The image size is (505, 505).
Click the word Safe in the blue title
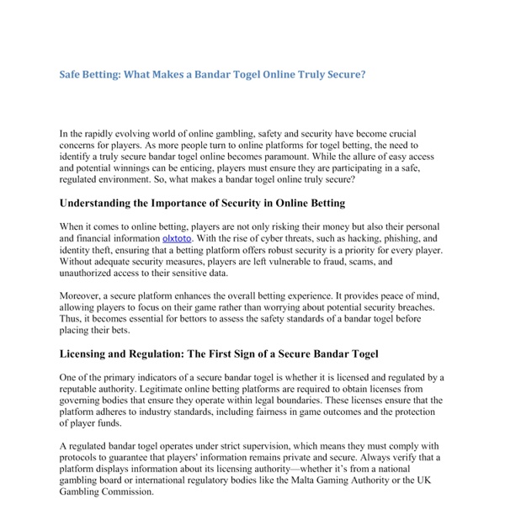[x=72, y=74]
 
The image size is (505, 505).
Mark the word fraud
[x=333, y=262]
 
